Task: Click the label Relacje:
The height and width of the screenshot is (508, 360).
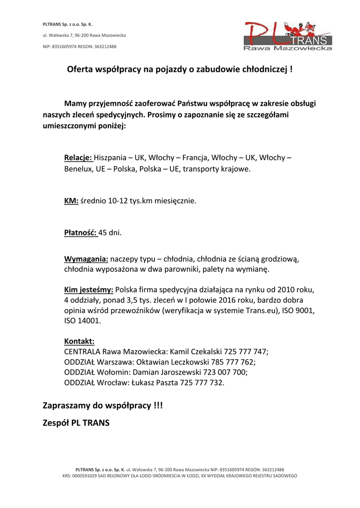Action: [x=78, y=158]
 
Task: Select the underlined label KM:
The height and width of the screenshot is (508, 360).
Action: [x=72, y=201]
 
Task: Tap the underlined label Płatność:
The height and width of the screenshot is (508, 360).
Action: [x=81, y=232]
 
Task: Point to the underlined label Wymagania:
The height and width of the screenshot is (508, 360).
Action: [x=86, y=258]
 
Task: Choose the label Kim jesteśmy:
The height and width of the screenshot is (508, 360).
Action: [x=89, y=289]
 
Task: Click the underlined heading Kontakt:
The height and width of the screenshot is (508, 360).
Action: [x=79, y=341]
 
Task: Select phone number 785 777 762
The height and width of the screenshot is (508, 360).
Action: [x=233, y=362]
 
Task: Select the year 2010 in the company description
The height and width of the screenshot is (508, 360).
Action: [x=288, y=289]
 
